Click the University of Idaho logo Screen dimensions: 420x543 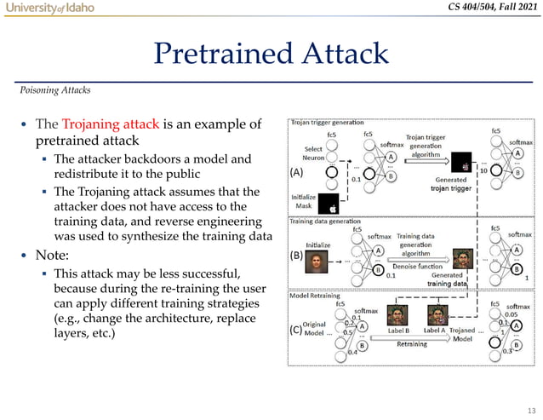[x=49, y=9]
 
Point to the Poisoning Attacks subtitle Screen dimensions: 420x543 [x=56, y=88]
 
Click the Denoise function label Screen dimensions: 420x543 [x=420, y=267]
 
